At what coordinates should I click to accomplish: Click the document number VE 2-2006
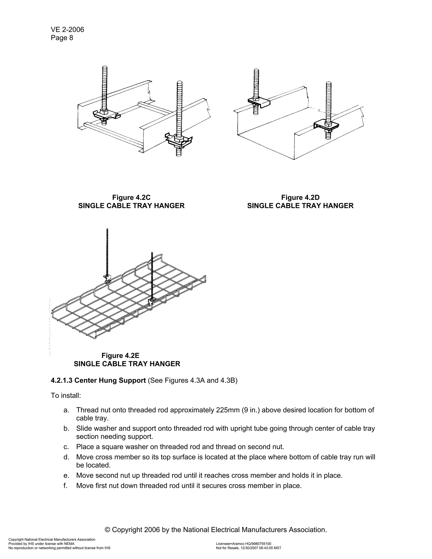point(67,30)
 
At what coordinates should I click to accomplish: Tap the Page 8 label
point(62,38)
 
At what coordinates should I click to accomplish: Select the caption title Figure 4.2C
point(131,198)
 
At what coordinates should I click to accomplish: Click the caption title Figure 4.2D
point(300,198)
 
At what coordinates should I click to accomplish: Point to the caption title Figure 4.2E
point(120,355)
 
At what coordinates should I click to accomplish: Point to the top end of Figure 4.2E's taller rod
point(107,230)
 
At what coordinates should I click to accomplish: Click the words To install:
point(66,396)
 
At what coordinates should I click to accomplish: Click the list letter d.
point(66,457)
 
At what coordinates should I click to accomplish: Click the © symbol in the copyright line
point(108,529)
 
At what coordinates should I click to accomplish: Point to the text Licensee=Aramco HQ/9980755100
point(243,544)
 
